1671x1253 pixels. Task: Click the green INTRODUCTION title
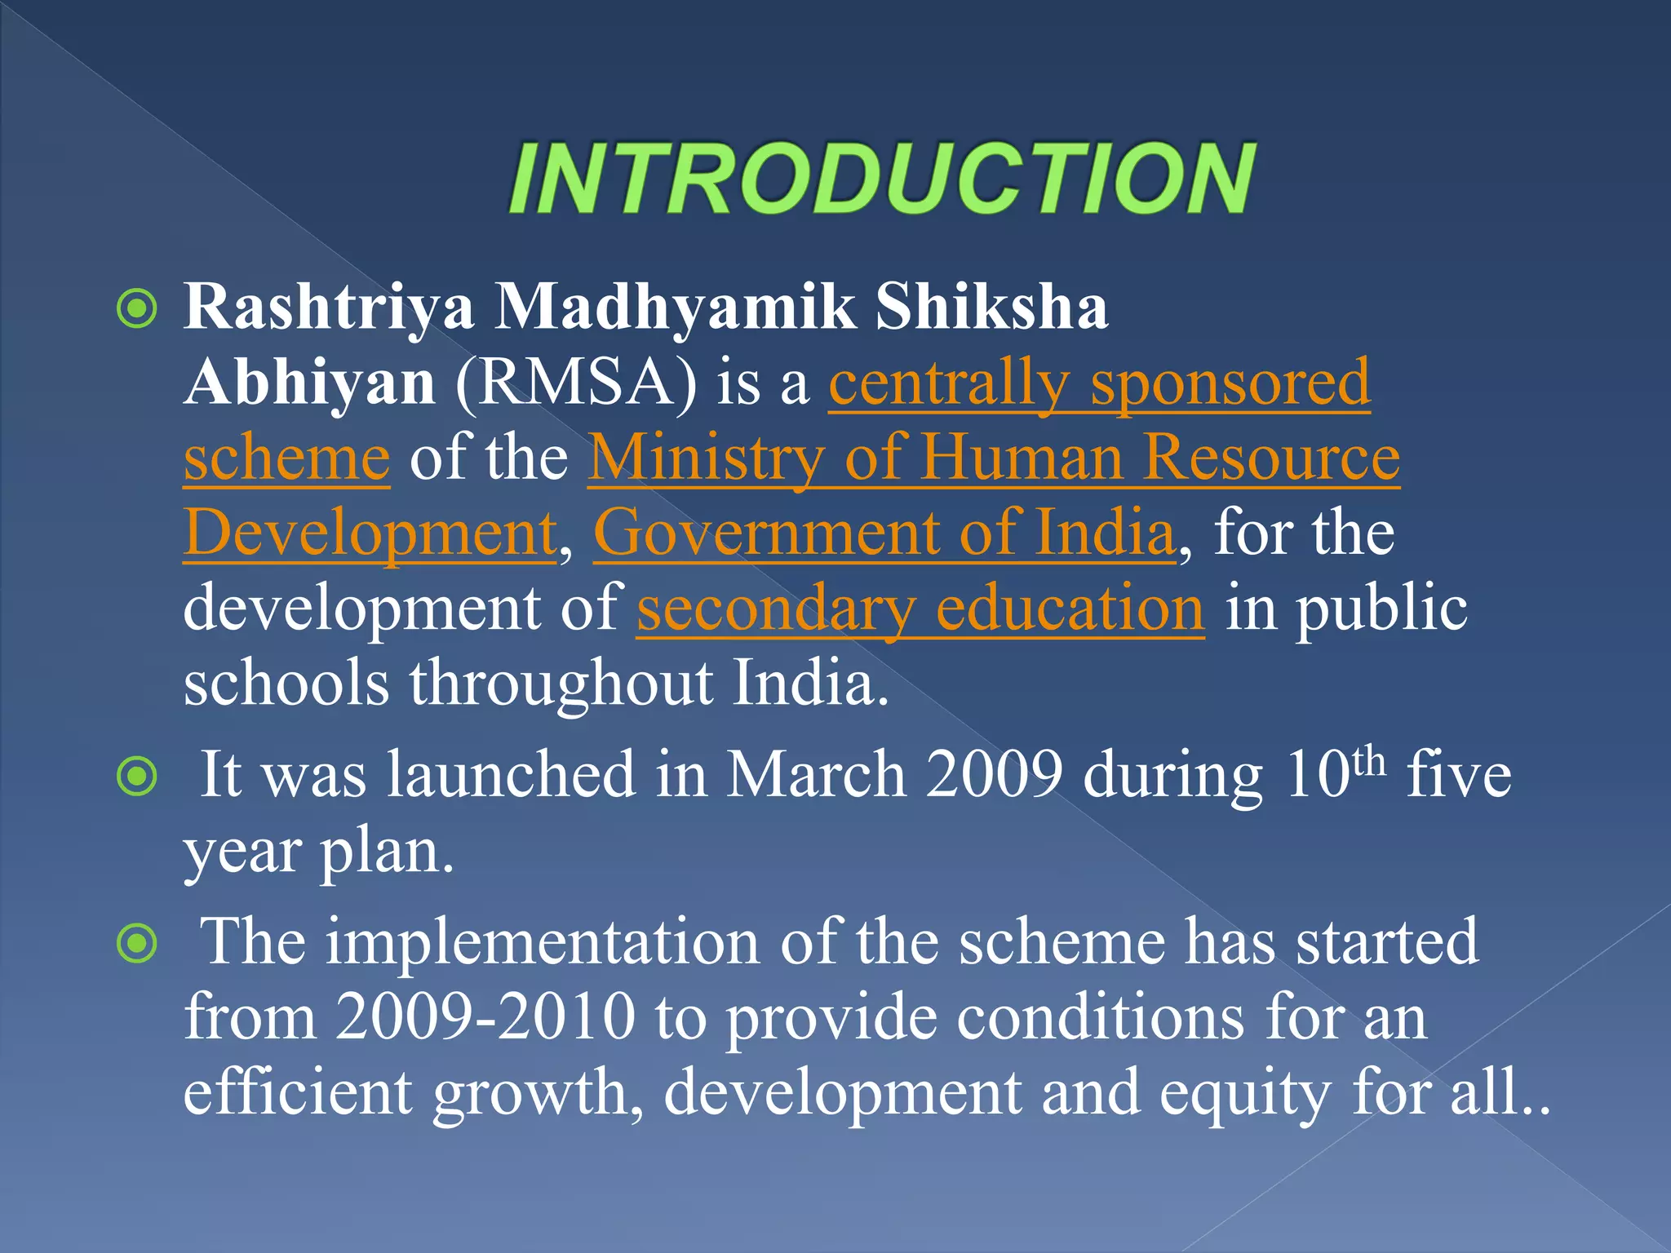pyautogui.click(x=881, y=178)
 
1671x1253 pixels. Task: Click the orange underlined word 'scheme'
pyautogui.click(x=286, y=459)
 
